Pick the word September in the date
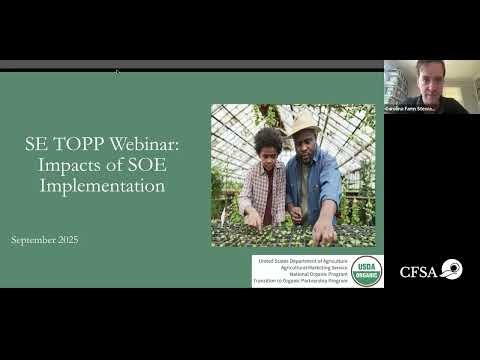(35, 241)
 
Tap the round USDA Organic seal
(366, 270)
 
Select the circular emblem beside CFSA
(451, 269)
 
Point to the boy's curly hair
(268, 138)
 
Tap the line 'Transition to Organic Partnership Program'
(302, 282)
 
